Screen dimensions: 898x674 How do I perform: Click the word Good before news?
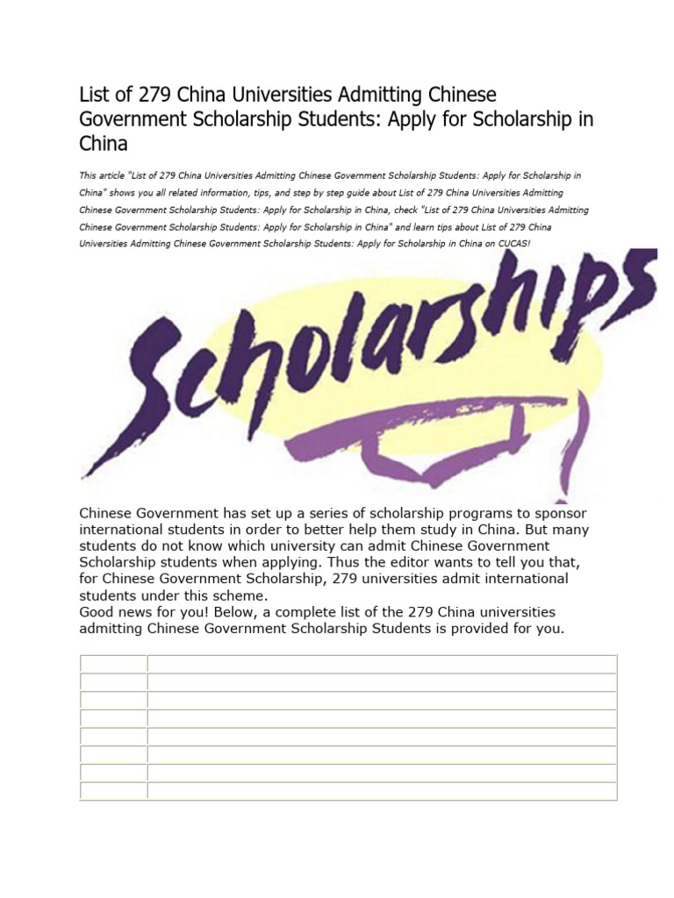(97, 612)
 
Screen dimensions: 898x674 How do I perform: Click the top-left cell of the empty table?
(113, 664)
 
